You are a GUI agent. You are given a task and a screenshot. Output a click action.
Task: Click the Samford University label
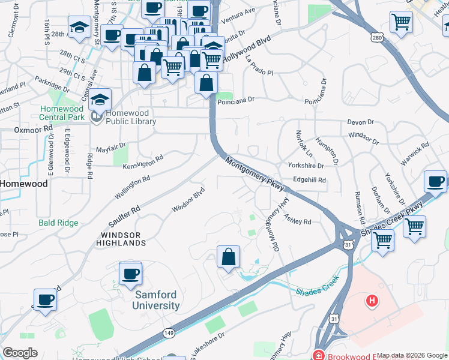coord(157,300)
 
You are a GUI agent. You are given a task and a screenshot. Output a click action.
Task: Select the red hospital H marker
coord(372,300)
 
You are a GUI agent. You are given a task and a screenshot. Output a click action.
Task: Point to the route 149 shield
coord(169,332)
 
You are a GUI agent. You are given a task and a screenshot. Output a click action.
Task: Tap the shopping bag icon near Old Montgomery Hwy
coord(228,258)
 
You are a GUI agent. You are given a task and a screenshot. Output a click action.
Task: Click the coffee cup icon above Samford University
coord(130,274)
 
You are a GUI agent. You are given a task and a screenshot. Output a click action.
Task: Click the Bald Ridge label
coord(58,223)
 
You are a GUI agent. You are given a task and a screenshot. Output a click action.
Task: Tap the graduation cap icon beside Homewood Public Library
coord(100,98)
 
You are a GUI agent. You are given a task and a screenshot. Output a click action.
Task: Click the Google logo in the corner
coord(20,353)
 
